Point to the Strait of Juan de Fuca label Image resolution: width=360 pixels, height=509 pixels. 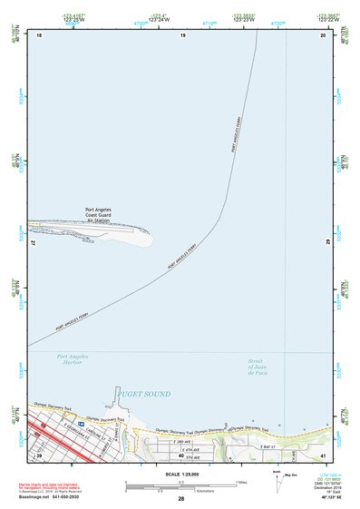point(261,367)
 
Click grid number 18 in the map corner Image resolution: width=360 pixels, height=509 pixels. point(39,34)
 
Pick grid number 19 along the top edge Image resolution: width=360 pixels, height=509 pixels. point(182,34)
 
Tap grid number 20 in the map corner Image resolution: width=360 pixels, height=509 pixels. point(323,34)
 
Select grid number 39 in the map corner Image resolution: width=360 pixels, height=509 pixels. point(39,455)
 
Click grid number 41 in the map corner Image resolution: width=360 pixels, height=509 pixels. point(323,455)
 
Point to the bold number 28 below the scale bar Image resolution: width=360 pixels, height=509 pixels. point(181,499)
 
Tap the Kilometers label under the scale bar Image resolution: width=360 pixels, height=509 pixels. point(182,491)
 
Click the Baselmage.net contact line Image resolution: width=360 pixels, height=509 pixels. point(51,498)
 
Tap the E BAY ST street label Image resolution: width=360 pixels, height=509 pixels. point(265,446)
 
